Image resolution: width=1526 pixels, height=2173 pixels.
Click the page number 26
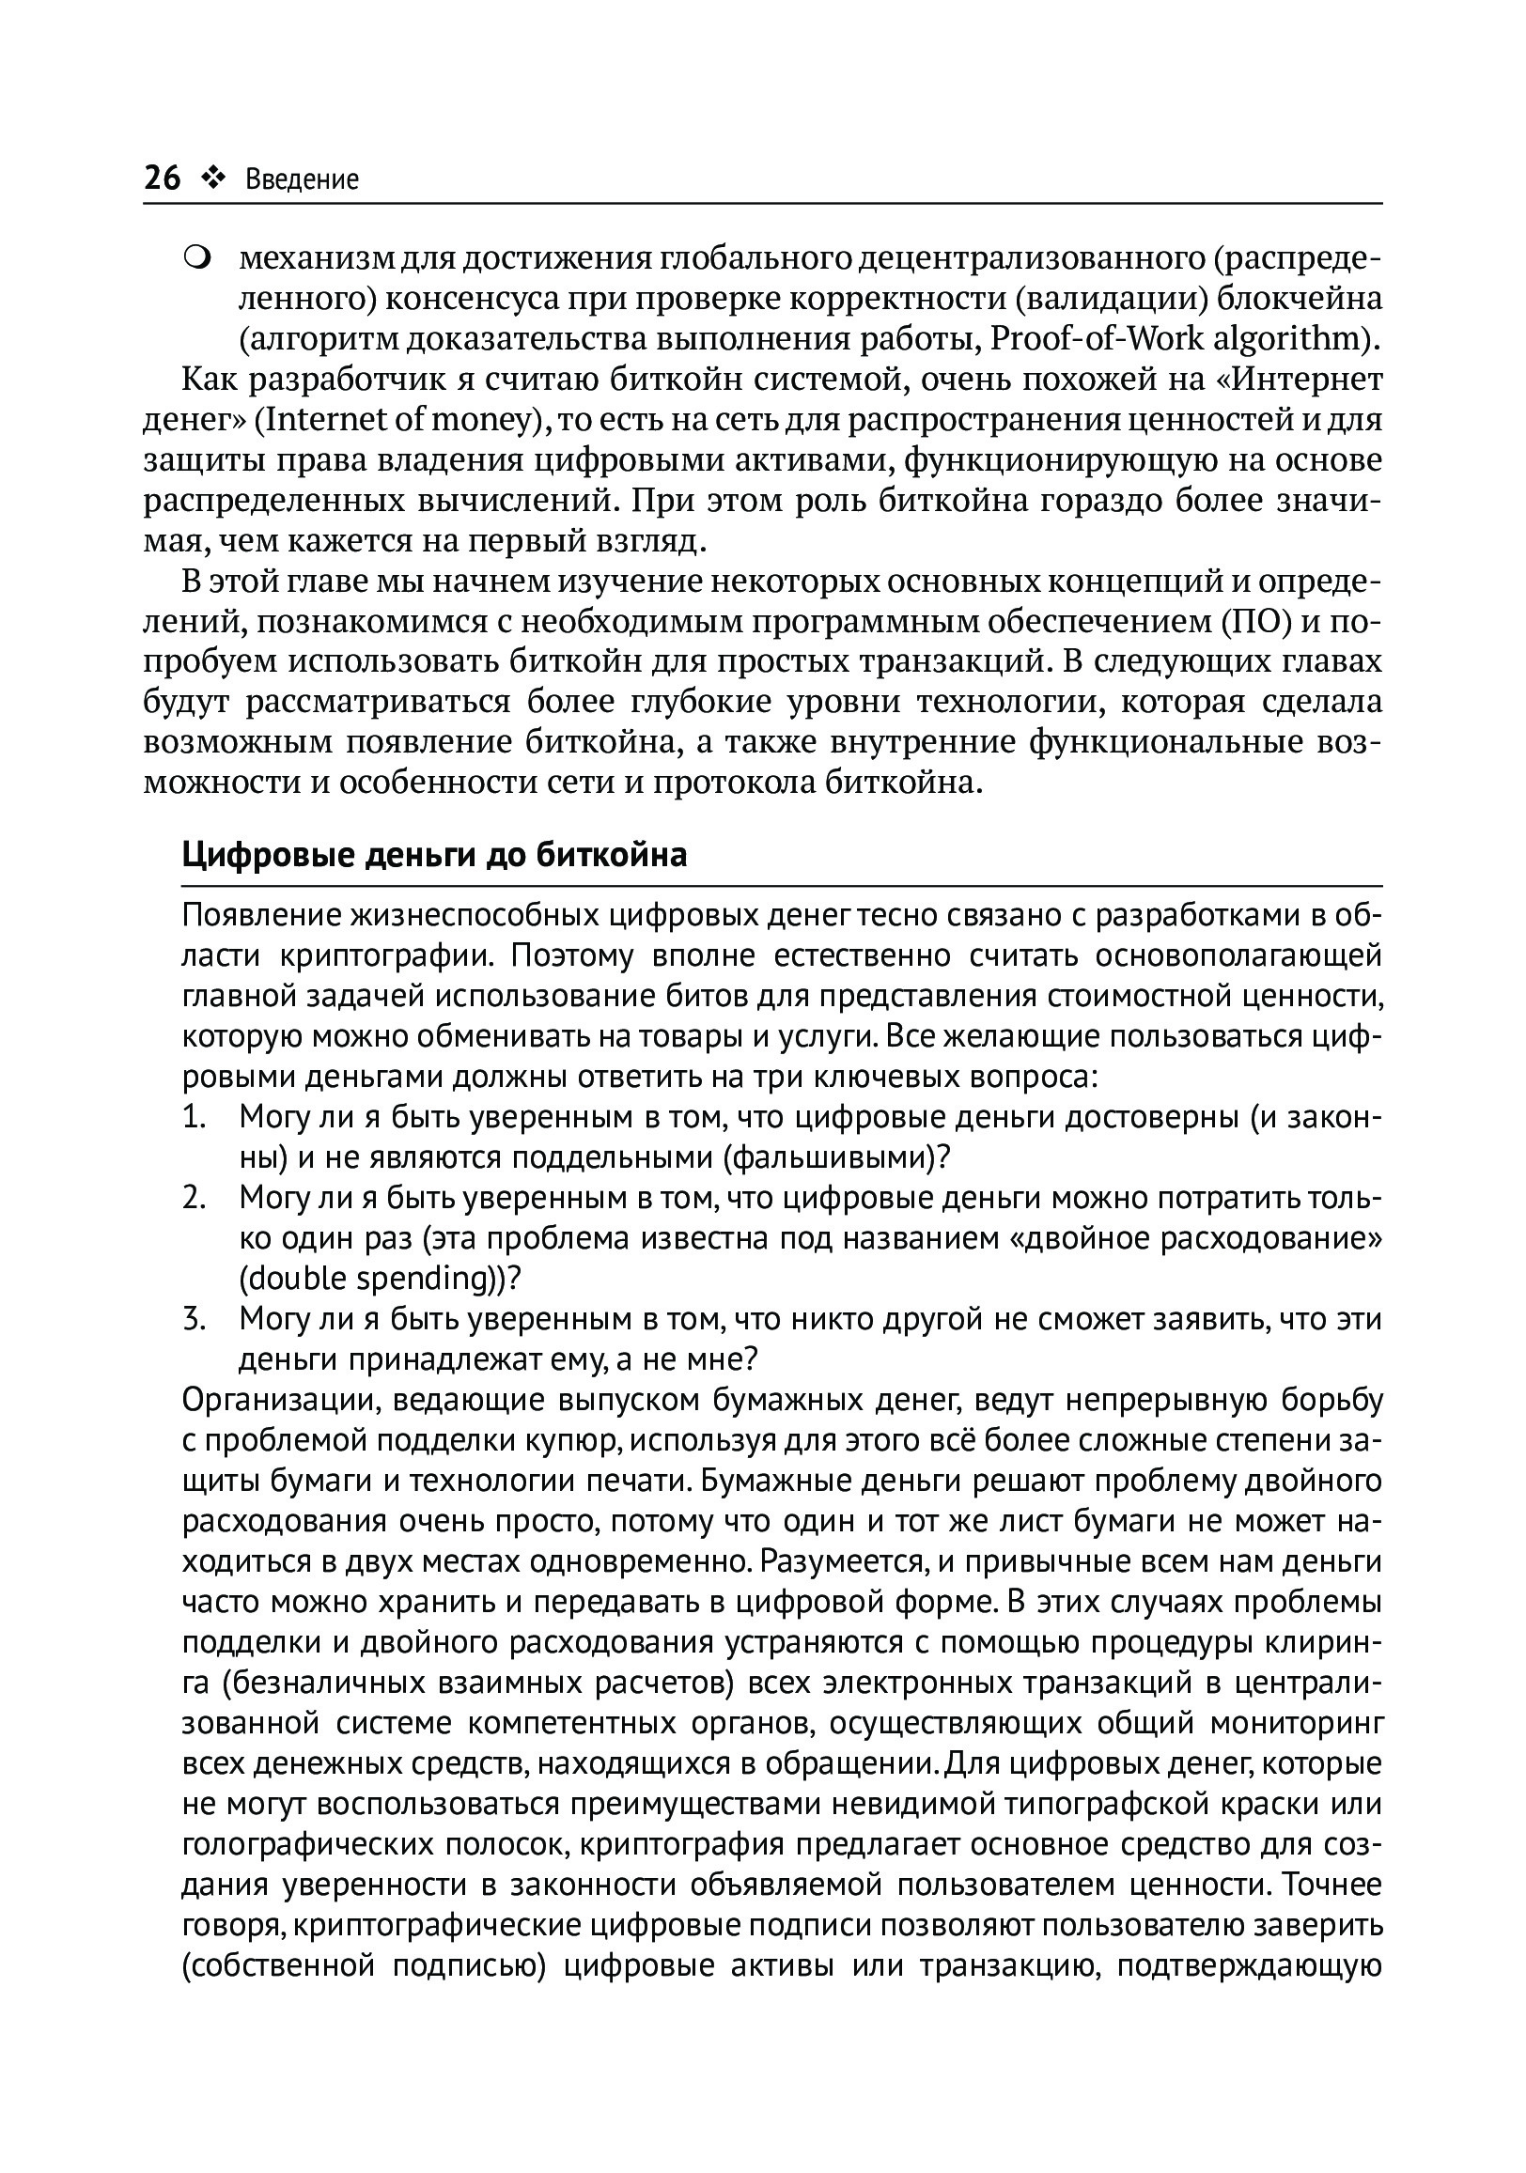(162, 178)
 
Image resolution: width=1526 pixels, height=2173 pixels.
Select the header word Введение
(302, 179)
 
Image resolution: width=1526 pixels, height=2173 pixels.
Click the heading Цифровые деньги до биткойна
(433, 856)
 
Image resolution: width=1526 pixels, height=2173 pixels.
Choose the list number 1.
(194, 1118)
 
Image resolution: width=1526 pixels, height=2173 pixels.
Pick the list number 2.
(194, 1198)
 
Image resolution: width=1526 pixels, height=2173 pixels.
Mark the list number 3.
(194, 1319)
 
